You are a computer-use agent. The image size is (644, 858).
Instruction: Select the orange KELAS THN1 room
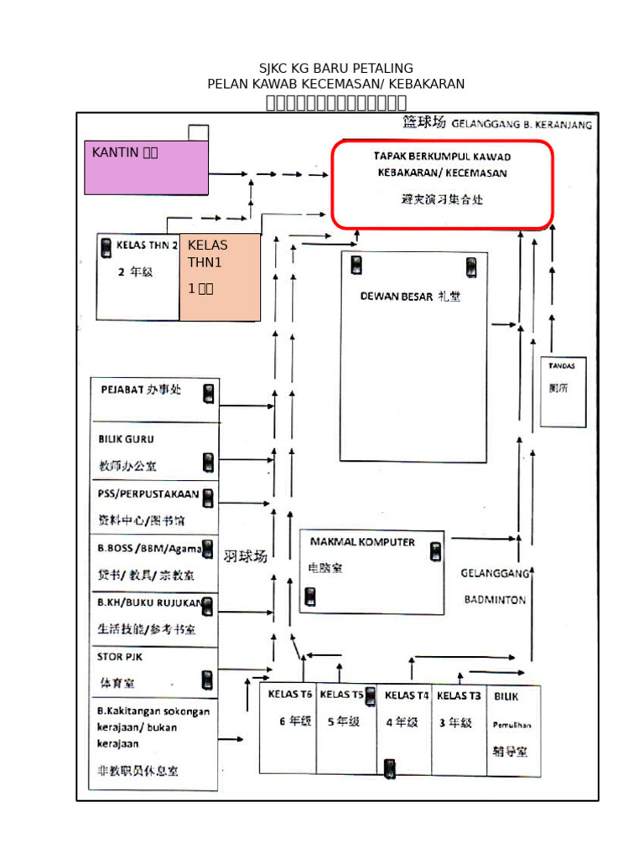220,277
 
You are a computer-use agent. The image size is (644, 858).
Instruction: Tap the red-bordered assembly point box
442,184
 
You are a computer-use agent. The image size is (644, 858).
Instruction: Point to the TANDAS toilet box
562,391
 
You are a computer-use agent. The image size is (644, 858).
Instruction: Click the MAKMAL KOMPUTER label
362,542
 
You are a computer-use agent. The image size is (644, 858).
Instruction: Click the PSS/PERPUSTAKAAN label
148,494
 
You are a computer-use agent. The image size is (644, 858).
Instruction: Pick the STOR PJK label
120,657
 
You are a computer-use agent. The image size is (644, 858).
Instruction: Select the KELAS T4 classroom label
407,695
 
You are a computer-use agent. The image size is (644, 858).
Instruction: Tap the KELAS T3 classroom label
459,695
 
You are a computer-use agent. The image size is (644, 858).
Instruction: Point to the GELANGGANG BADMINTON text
495,587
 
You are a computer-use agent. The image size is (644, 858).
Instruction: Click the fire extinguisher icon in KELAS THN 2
106,247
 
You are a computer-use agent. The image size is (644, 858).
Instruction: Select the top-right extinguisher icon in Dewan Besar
471,267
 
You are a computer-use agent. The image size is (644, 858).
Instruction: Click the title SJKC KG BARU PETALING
335,68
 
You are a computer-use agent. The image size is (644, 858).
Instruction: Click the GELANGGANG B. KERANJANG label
522,125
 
